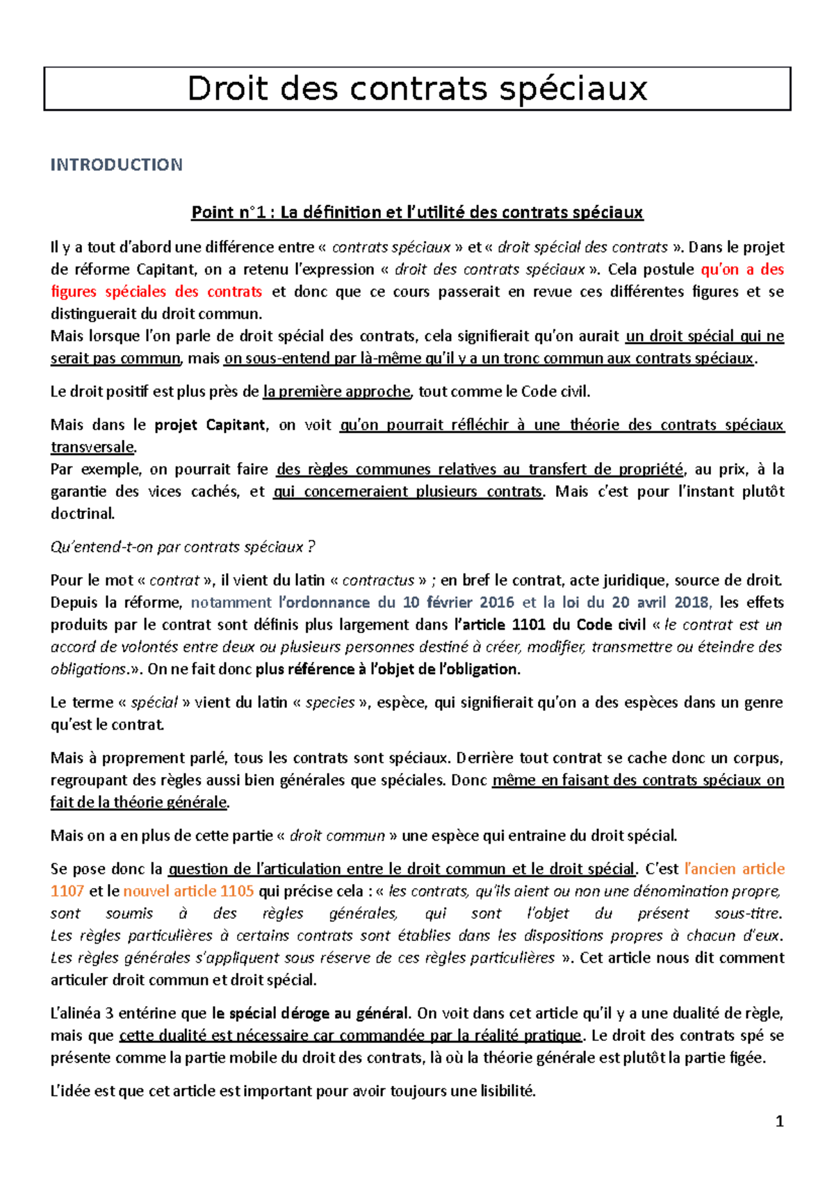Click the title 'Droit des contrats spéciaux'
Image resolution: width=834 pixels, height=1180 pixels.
[x=417, y=89]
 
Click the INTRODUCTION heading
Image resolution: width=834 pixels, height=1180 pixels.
[x=116, y=165]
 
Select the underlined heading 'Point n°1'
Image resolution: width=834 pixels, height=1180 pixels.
[x=417, y=212]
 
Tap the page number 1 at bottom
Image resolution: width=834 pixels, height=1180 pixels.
[x=779, y=1121]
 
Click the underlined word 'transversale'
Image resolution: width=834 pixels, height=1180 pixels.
[x=92, y=447]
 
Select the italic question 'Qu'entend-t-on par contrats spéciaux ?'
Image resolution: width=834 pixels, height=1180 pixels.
[x=183, y=547]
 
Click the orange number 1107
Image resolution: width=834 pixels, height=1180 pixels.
[x=67, y=891]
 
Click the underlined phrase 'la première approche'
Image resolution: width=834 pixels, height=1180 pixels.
[x=336, y=392]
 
